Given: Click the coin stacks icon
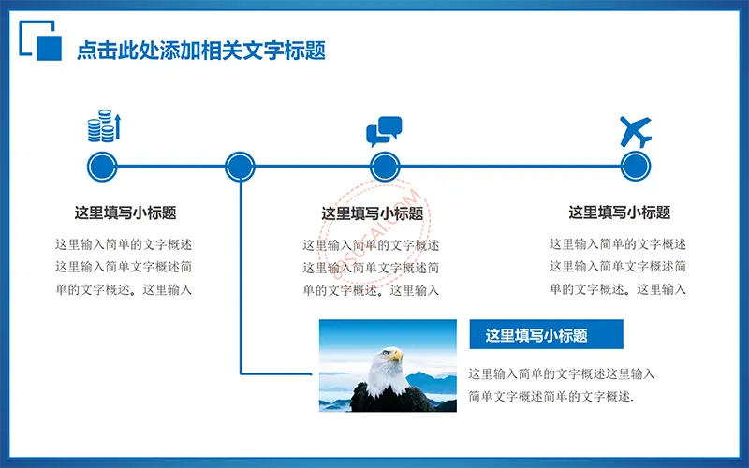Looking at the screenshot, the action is (104, 126).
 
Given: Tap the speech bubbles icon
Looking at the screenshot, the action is (384, 131).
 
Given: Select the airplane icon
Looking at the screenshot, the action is (636, 132).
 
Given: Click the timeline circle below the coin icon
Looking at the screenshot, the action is (102, 167).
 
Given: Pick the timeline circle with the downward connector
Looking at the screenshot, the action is (240, 167).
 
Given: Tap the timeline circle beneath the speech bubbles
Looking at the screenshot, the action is (385, 167).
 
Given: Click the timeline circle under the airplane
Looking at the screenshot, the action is (636, 167).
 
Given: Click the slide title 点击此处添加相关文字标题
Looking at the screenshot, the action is (201, 51).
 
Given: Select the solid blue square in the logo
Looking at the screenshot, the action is (50, 49).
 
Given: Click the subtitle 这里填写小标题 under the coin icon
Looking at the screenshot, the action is (125, 212).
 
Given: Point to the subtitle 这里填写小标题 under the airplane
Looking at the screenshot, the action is (620, 212).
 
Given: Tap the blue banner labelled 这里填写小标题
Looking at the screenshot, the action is (547, 334).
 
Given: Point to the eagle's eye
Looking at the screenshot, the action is (385, 353).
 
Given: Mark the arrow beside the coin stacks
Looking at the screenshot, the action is (118, 127).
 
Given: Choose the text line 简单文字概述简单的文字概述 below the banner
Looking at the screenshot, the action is (551, 396).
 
